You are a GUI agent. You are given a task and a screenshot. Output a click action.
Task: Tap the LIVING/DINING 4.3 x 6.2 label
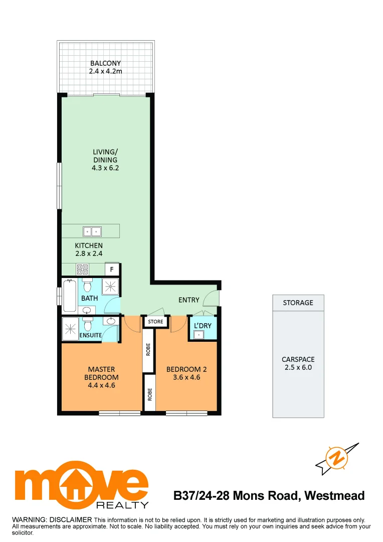click(105, 160)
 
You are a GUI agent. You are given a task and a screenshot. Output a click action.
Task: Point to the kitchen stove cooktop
click(83, 270)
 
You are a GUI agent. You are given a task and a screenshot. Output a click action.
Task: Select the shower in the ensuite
click(71, 328)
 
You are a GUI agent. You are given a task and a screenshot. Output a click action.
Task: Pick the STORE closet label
click(155, 321)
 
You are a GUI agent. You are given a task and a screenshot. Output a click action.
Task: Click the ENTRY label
click(189, 300)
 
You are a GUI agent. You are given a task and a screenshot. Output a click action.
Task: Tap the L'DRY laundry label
click(203, 326)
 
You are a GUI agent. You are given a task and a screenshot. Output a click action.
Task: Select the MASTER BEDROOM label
click(101, 377)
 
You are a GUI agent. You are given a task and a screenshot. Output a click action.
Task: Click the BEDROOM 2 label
click(186, 373)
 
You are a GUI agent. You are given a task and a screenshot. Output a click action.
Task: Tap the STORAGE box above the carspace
click(298, 303)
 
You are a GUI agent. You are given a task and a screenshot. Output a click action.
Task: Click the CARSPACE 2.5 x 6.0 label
click(298, 363)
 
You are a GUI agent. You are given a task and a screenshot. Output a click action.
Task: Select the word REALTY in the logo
click(129, 504)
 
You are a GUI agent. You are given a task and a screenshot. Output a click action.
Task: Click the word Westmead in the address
click(334, 496)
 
